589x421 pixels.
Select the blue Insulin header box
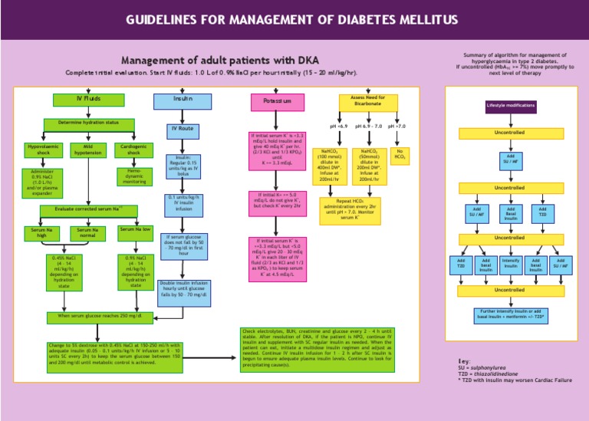[x=183, y=100]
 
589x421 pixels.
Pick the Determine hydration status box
[x=89, y=123]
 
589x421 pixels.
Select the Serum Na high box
[x=41, y=232]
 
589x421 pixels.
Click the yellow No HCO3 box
[x=400, y=156]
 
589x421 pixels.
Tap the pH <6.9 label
[x=338, y=126]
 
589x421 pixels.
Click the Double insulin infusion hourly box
[x=184, y=288]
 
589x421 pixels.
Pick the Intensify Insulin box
[x=510, y=265]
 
